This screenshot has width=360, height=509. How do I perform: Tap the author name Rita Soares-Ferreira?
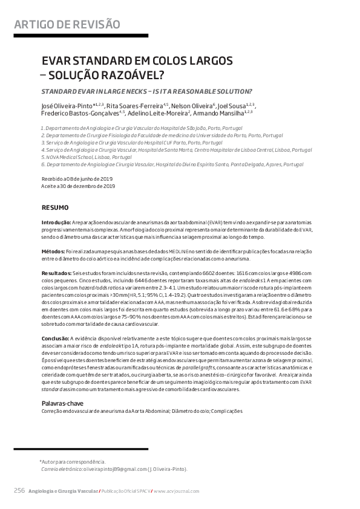(x=142, y=105)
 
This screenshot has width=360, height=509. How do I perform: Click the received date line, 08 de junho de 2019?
(x=77, y=180)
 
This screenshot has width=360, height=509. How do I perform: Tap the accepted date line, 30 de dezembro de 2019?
(x=78, y=186)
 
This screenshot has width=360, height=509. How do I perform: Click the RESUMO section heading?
(x=54, y=207)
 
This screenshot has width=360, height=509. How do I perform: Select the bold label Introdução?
(x=56, y=223)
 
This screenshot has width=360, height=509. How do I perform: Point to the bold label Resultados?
(x=56, y=273)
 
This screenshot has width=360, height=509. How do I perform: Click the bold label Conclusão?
(x=55, y=337)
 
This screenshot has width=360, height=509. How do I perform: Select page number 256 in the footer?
(x=19, y=490)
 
